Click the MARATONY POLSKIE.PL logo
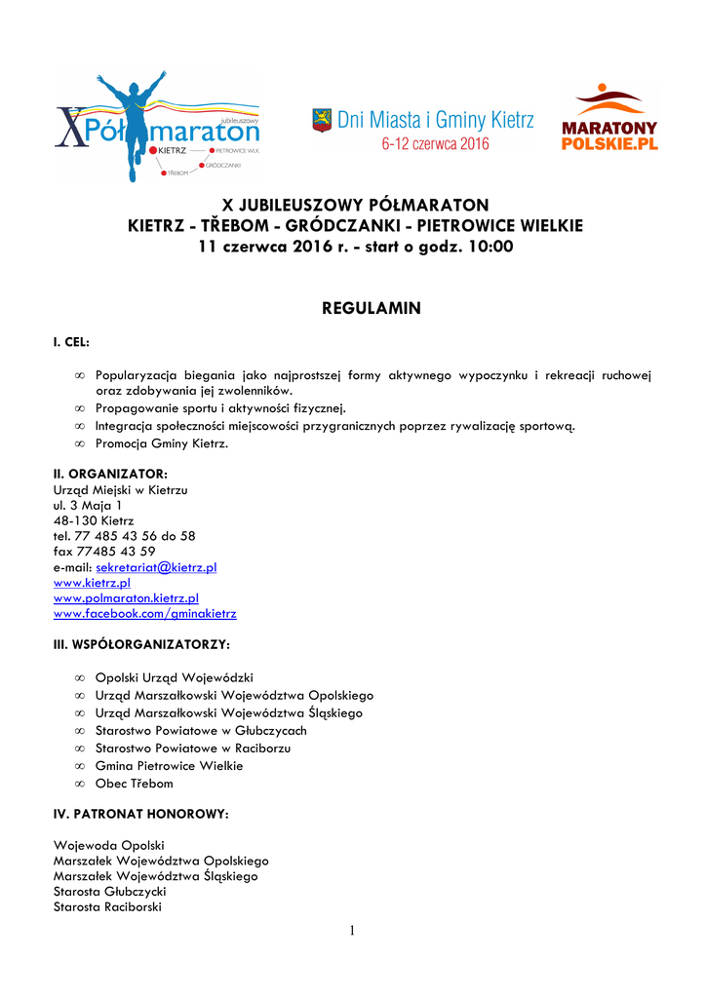coord(609,119)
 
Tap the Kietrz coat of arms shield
coord(321,120)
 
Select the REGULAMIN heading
coord(371,309)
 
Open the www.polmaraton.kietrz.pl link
coord(126,598)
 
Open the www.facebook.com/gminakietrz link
coord(144,614)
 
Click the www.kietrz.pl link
coord(92,583)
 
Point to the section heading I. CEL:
coord(71,343)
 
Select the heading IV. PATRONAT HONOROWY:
coord(140,813)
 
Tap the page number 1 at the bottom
coord(352,932)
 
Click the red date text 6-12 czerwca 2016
coord(435,144)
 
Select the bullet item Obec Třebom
coord(134,784)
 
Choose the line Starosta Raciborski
coord(107,907)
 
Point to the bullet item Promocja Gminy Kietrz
coord(162,443)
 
